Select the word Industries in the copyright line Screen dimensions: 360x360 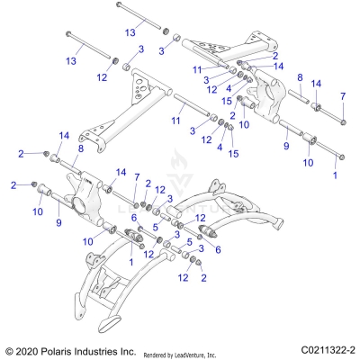pos(104,350)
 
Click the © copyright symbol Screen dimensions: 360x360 pos(10,350)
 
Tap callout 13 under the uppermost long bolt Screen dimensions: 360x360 pos(130,31)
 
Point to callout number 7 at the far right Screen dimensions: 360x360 pos(341,95)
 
